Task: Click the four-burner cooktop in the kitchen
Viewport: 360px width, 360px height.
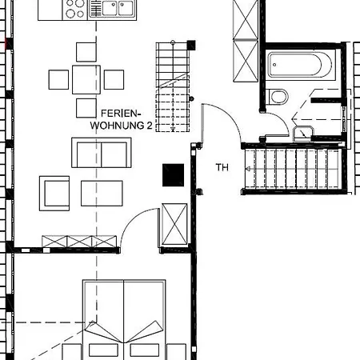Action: (x=76, y=9)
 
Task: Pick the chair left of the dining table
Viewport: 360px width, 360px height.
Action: (x=58, y=79)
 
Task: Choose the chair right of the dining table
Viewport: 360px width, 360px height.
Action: (x=114, y=79)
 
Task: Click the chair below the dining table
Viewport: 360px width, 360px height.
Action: (x=86, y=107)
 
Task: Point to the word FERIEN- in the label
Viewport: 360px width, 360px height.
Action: (x=120, y=114)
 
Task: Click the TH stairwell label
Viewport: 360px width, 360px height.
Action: (x=222, y=168)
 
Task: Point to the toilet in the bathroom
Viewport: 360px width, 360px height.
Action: (x=278, y=98)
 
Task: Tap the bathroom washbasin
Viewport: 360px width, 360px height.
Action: (x=305, y=133)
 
